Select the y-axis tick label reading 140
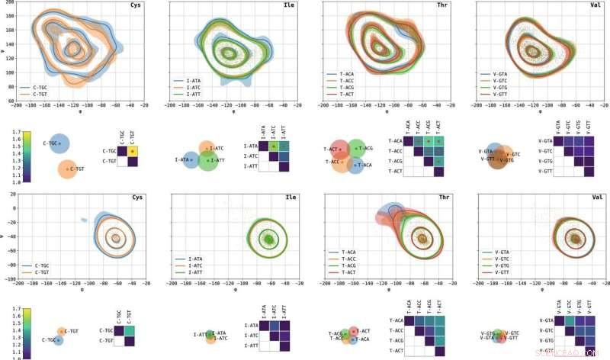coord(9,45)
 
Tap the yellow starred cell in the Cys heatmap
coord(133,151)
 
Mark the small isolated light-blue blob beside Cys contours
coord(82,220)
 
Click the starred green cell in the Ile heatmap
coord(272,146)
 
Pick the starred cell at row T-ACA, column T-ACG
coord(429,141)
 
